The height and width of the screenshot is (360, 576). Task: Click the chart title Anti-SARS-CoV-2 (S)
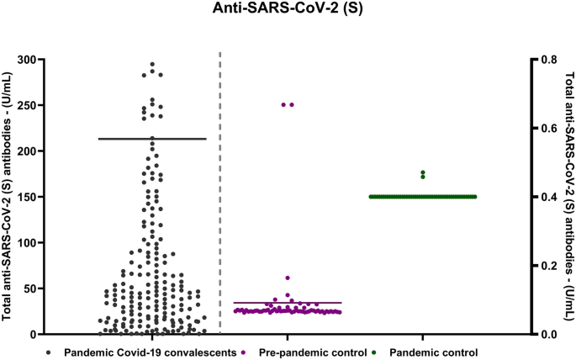point(287,9)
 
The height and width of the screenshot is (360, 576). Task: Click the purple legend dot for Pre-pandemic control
point(244,352)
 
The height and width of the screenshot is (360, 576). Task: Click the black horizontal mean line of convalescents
point(152,138)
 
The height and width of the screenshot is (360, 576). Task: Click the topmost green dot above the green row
point(423,172)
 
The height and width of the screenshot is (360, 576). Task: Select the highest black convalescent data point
point(152,64)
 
